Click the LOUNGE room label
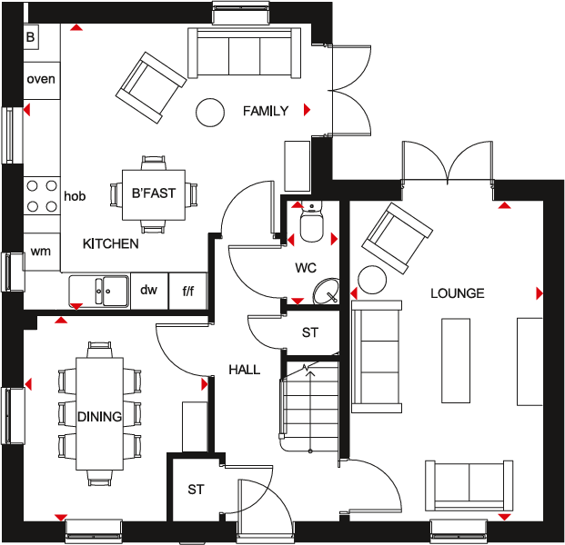point(458,293)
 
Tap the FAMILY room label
point(265,111)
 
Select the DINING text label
point(99,417)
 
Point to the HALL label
point(244,370)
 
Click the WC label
point(305,269)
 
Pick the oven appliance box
point(41,79)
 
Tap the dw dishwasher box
point(149,291)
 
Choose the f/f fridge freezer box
point(188,291)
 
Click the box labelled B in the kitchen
point(31,37)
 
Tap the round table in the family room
point(210,112)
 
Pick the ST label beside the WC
point(310,333)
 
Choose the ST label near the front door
point(196,490)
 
